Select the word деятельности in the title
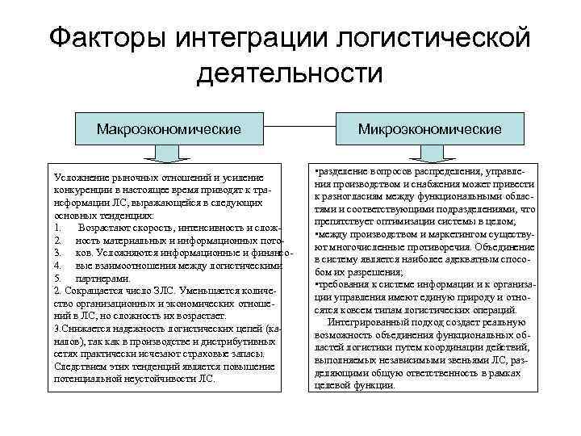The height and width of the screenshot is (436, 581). click(x=288, y=73)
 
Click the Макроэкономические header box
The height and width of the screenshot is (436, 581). click(x=169, y=129)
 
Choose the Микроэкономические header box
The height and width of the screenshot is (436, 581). click(x=430, y=129)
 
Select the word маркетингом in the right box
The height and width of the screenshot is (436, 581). click(x=454, y=234)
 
